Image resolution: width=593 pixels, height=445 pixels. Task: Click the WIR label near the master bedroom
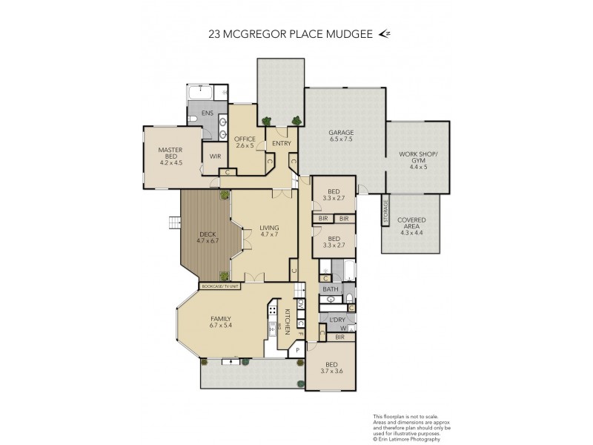click(215, 156)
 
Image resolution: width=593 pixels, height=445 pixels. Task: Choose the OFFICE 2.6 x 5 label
click(245, 142)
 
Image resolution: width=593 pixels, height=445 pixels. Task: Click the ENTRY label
click(281, 142)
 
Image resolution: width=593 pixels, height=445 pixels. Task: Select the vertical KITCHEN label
click(285, 320)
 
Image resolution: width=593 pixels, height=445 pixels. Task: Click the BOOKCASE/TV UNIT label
click(221, 286)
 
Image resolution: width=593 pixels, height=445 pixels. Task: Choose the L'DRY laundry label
click(328, 320)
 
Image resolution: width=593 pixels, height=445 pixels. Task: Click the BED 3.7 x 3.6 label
click(330, 367)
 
